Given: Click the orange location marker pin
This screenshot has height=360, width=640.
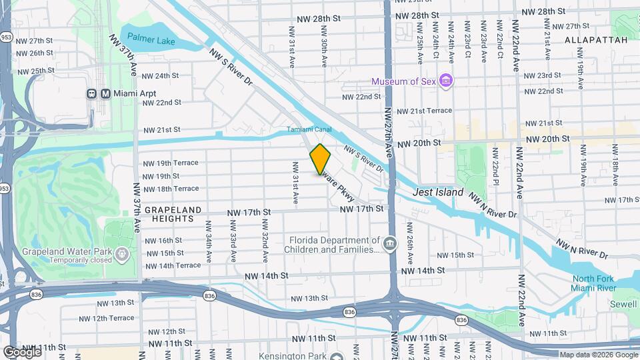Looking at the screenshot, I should (321, 159).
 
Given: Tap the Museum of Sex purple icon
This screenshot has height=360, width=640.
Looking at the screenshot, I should (446, 81).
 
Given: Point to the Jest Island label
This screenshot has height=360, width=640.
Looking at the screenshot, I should (438, 192).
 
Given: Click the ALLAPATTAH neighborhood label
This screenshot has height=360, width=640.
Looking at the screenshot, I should (596, 40).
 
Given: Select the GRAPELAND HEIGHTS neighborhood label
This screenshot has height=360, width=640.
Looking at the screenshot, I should (173, 214).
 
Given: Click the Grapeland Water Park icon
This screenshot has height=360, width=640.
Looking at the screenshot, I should (121, 253).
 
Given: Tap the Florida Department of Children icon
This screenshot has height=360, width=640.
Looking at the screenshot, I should (389, 245).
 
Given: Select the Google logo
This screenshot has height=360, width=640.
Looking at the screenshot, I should (21, 351).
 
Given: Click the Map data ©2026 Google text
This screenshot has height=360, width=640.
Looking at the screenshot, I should (598, 355).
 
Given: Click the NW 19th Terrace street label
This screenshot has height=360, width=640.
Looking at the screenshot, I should (169, 163).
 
